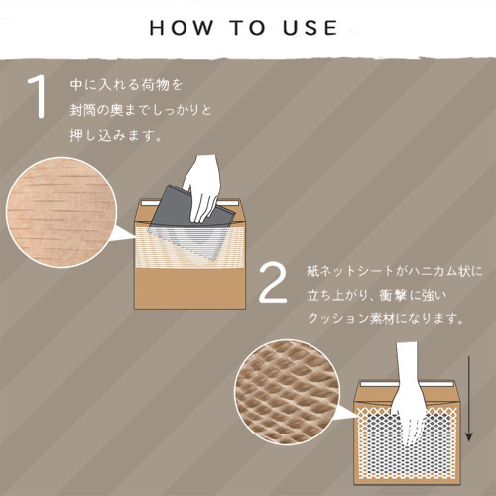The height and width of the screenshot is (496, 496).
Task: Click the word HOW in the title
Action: click(x=182, y=28)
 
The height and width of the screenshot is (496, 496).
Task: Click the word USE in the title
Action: click(x=310, y=28)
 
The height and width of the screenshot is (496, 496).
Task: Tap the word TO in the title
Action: click(x=248, y=28)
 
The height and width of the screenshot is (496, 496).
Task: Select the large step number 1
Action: click(x=38, y=97)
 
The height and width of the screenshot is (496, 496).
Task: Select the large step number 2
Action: click(x=273, y=284)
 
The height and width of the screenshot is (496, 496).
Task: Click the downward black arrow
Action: click(x=469, y=399)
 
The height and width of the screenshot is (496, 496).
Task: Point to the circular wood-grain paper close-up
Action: click(x=62, y=212)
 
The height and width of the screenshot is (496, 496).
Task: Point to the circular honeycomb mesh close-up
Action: click(x=287, y=393)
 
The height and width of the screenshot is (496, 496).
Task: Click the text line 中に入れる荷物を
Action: click(x=126, y=85)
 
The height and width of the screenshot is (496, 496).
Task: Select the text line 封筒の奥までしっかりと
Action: click(x=141, y=110)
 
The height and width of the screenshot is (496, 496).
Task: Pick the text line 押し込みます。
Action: click(x=116, y=135)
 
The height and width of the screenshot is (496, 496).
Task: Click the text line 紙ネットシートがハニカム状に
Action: click(x=394, y=271)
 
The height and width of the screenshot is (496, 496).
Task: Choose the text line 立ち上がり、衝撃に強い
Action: click(x=377, y=295)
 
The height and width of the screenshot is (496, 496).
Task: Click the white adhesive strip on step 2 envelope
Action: click(x=406, y=385)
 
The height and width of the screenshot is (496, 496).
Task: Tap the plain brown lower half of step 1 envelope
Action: click(x=189, y=288)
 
